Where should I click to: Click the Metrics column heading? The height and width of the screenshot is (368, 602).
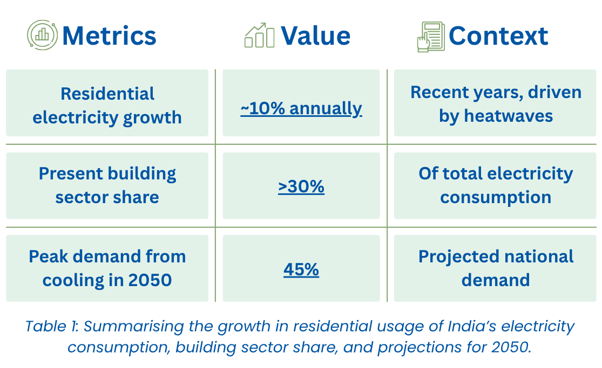coord(109,36)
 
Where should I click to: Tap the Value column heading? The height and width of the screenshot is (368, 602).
coord(316,36)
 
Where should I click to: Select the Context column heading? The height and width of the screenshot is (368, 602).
coord(498,36)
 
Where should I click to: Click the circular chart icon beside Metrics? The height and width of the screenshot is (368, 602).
coord(42,35)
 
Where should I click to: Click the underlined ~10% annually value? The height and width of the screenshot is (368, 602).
coord(301,108)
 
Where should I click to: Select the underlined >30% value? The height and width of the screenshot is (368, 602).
coord(301,186)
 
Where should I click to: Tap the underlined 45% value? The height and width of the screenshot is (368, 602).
coord(301,269)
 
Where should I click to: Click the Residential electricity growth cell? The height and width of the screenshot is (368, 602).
coord(107,103)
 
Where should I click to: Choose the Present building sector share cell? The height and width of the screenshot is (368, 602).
coord(107,185)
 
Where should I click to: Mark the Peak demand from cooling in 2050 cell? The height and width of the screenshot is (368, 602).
coord(107,268)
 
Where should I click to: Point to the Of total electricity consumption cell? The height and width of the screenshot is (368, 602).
coord(496,185)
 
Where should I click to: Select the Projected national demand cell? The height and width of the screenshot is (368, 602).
coord(496,268)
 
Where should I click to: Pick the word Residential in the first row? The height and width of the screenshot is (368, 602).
coord(107,93)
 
